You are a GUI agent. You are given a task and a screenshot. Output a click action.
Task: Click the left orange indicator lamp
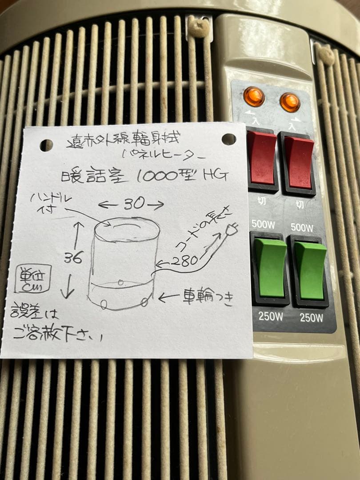pyautogui.click(x=254, y=97)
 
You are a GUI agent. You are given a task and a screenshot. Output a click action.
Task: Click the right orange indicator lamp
pyautogui.click(x=290, y=102)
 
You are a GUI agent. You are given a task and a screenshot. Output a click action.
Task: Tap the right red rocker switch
pyautogui.click(x=299, y=162)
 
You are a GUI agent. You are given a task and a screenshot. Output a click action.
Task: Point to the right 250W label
pyautogui.click(x=311, y=317)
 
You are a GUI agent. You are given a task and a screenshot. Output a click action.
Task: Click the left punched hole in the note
pyautogui.click(x=46, y=145)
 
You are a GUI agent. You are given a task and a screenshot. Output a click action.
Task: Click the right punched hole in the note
pyautogui.click(x=229, y=139)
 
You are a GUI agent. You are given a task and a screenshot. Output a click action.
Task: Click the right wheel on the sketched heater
pyautogui.click(x=144, y=302)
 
